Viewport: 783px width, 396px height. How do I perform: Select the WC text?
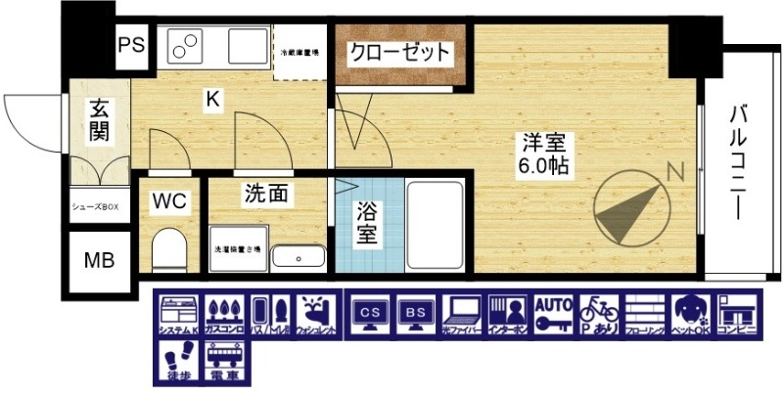169,201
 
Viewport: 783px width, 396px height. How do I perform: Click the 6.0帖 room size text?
546,166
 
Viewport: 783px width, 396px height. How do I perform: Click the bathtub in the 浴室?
437,226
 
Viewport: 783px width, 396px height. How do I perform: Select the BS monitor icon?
414,316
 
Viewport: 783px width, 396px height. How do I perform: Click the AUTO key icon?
552,315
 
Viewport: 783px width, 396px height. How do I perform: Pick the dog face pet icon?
690,315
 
